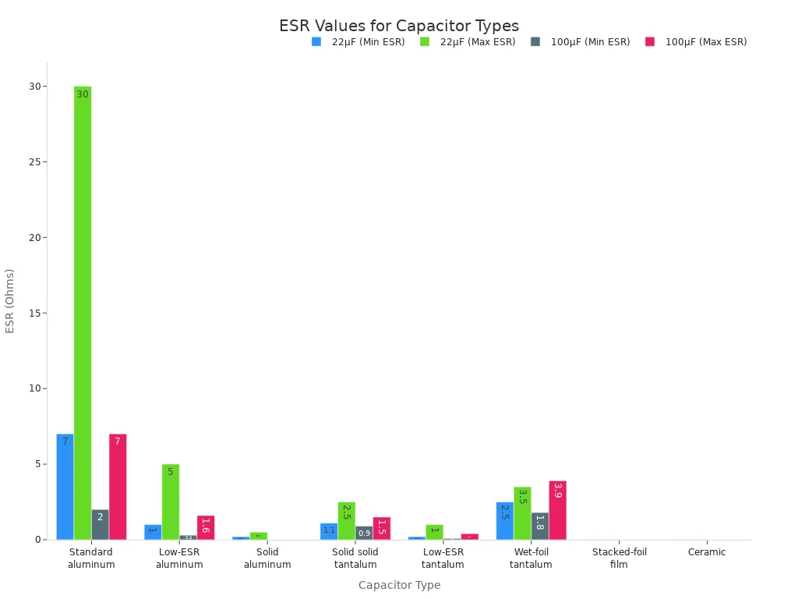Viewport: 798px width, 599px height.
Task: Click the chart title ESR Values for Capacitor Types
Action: (x=399, y=26)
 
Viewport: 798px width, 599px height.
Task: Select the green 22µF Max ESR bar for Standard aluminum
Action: (x=83, y=312)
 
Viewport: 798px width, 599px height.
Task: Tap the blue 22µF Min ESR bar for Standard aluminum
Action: (x=65, y=487)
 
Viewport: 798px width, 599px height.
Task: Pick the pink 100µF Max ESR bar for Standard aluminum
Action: (x=118, y=487)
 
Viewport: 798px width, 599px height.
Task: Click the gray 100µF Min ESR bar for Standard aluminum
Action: (x=100, y=524)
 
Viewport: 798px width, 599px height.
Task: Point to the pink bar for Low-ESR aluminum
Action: (x=206, y=527)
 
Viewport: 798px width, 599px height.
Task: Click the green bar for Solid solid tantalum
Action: (x=346, y=520)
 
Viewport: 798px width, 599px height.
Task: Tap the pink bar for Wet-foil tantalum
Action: (x=557, y=510)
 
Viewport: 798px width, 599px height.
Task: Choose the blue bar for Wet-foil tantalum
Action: (x=504, y=520)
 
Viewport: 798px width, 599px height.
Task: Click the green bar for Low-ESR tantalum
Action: (x=434, y=532)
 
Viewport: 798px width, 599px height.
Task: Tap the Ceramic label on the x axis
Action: (x=707, y=552)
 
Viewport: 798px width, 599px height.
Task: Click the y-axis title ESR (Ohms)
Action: (x=10, y=300)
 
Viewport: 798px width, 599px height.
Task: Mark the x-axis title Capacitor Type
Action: (x=399, y=585)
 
